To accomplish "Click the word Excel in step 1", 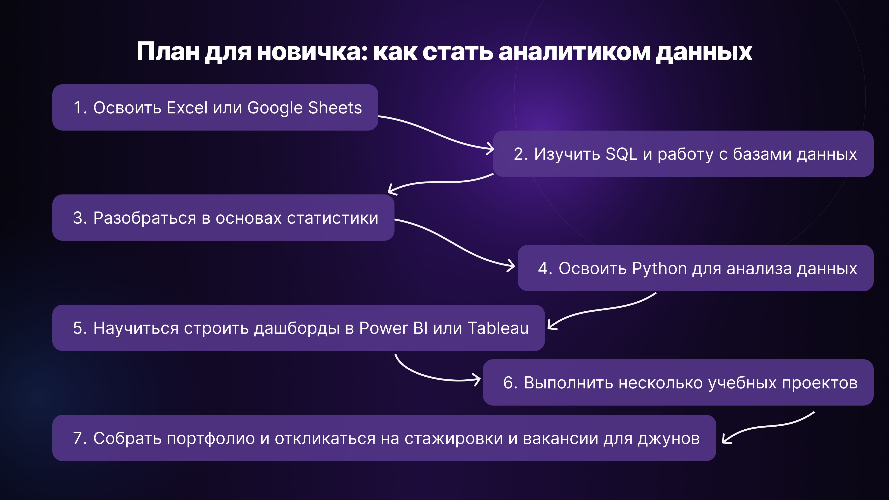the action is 187,108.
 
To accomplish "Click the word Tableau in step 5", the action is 498,328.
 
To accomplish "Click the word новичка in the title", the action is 312,52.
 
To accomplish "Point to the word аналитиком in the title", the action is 574,52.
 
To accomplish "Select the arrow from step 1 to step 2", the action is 435,133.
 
